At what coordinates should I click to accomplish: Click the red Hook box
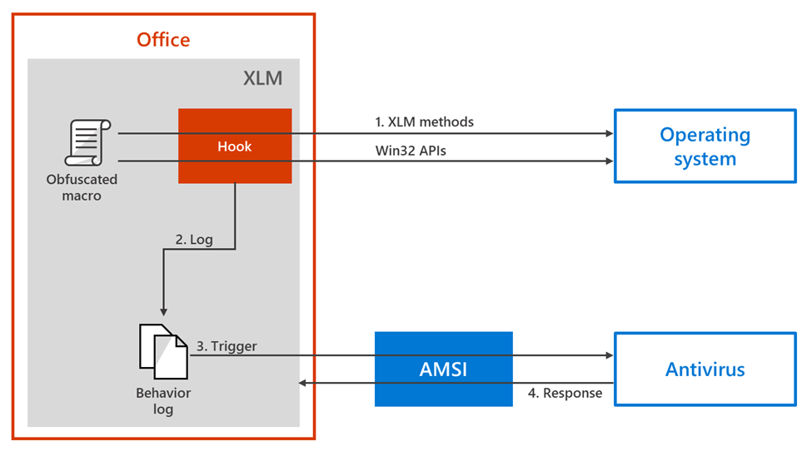235,146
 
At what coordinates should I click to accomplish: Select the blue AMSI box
443,369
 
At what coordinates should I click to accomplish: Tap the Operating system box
705,146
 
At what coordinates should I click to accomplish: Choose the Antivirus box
705,369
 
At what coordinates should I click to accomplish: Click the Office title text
163,39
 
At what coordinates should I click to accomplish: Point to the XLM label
262,79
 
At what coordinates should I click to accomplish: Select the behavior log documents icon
162,349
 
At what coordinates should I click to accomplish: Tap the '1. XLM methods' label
424,121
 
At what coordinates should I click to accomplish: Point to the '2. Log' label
194,240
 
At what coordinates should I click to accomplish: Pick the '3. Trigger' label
227,345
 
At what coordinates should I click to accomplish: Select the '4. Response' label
565,393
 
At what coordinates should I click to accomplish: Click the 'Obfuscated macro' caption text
82,187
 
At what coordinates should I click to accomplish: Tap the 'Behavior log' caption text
163,400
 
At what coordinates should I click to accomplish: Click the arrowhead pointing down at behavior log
162,310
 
